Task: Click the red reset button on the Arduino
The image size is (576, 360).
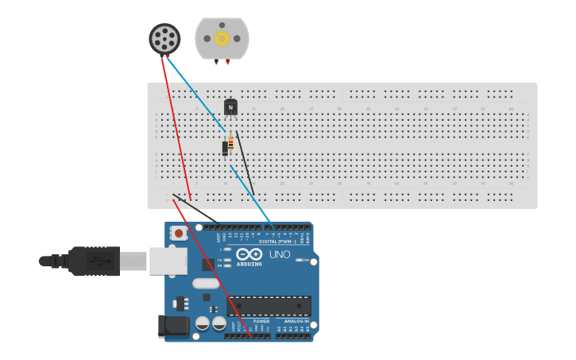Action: [180, 234]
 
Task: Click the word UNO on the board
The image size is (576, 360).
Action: [280, 255]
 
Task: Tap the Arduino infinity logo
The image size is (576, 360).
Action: [248, 254]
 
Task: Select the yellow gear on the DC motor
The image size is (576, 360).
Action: [222, 38]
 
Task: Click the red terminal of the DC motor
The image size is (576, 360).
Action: [228, 61]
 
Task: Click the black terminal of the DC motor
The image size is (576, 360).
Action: [215, 61]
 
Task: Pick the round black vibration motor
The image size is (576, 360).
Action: [164, 38]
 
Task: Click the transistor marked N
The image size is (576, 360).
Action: [230, 107]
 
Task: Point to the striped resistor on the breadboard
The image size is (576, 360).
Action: [231, 145]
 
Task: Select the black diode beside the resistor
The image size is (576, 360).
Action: [225, 147]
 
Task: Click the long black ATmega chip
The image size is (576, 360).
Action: [270, 306]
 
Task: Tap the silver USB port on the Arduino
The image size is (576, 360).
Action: [168, 261]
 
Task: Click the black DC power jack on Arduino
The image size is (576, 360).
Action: [173, 325]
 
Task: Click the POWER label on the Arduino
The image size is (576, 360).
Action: [249, 321]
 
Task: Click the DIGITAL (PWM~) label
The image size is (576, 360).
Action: [274, 241]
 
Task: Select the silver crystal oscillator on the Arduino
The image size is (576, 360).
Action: [206, 283]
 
